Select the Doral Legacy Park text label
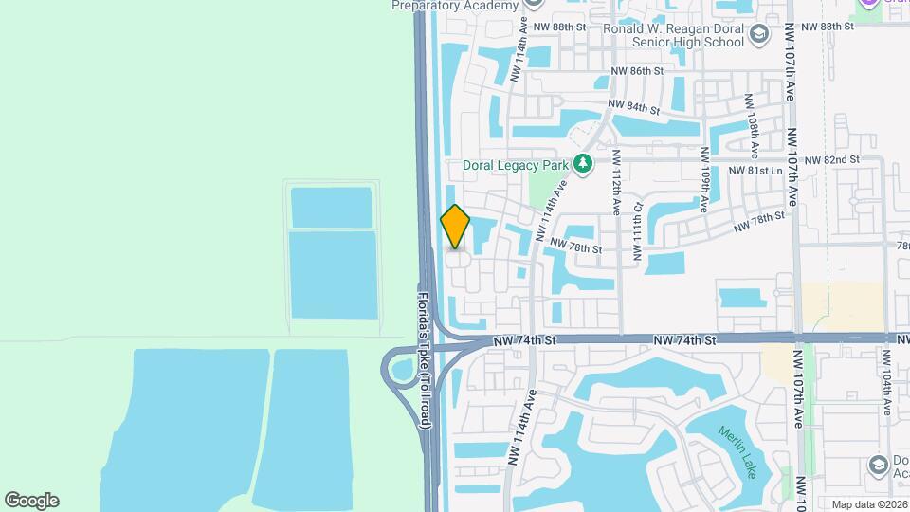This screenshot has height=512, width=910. (515, 165)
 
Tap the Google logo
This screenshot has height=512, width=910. (31, 501)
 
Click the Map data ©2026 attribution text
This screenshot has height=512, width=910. (868, 504)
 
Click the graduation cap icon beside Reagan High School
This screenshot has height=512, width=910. (759, 35)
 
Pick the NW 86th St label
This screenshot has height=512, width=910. (636, 71)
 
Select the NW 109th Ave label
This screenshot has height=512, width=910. (705, 179)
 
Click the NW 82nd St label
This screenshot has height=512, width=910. (831, 160)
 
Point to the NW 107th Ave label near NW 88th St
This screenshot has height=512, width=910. (791, 64)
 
